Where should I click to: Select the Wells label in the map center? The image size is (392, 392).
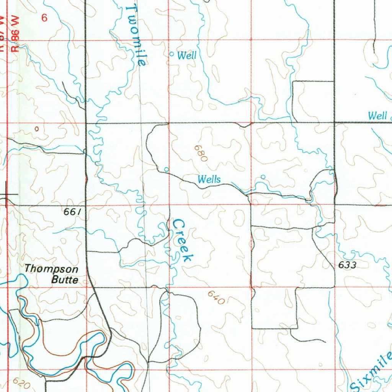[x=209, y=179]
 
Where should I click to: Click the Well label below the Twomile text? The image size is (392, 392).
[x=187, y=56]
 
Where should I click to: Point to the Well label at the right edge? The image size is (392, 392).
[x=377, y=116]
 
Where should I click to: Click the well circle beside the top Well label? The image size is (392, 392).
[x=172, y=54]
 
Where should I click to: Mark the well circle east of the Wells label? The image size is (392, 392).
[x=263, y=177]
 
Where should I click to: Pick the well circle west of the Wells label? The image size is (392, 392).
[x=166, y=169]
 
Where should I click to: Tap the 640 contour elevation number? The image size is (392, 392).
[x=216, y=297]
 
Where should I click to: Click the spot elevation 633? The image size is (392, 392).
[x=347, y=265]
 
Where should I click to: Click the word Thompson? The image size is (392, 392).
[x=52, y=269]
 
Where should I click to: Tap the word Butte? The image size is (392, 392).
[x=65, y=280]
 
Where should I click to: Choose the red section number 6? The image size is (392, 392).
[x=44, y=18]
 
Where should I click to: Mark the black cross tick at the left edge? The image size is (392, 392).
[x=6, y=194]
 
